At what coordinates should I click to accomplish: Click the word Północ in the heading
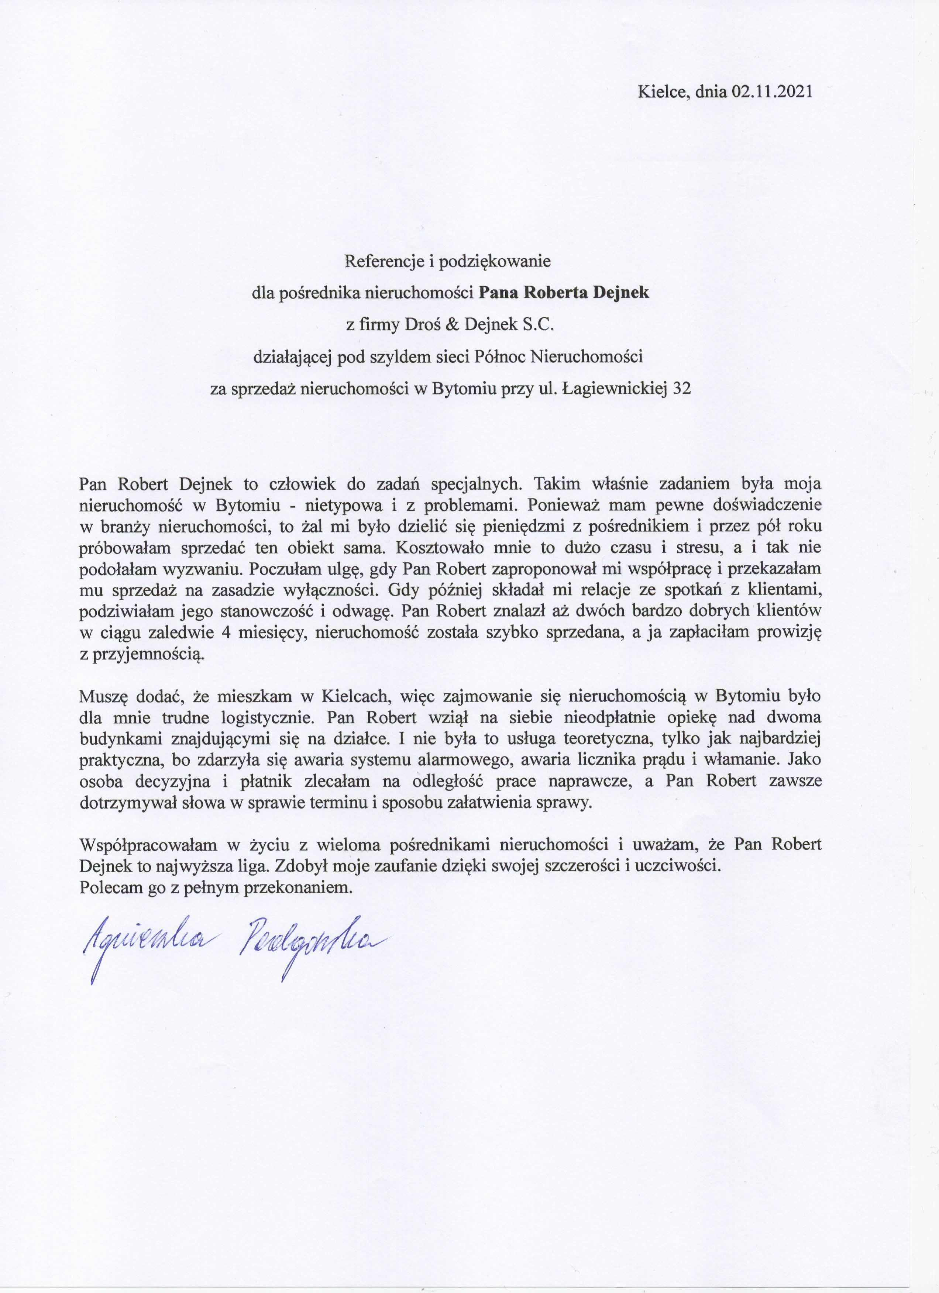tap(500, 358)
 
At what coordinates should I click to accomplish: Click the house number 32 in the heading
tap(682, 389)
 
